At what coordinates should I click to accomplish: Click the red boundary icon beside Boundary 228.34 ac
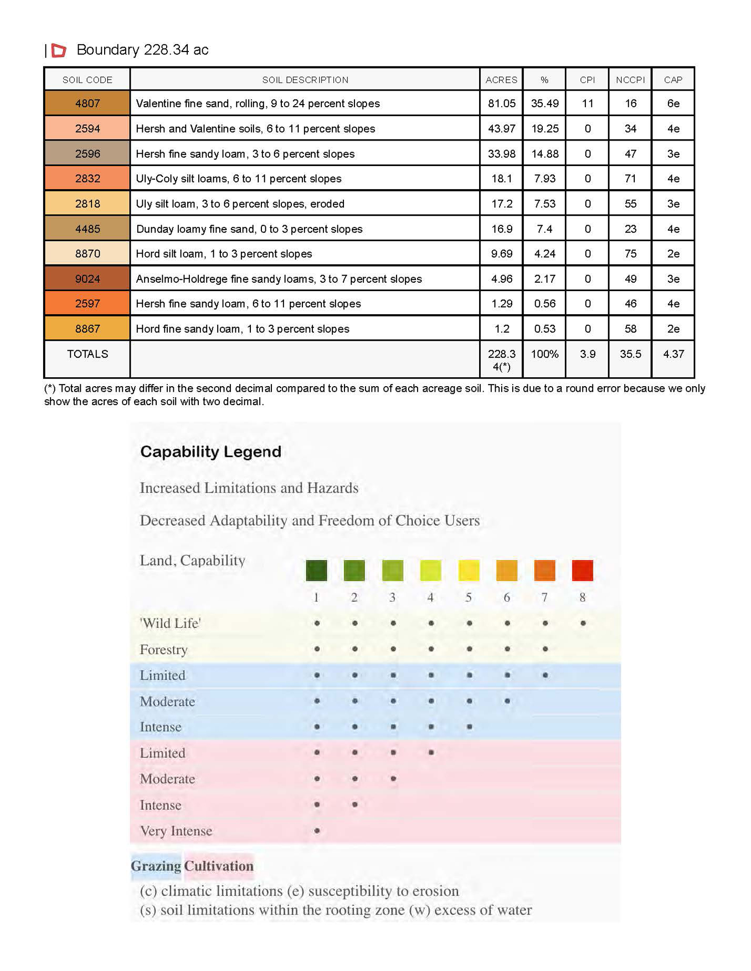pos(59,50)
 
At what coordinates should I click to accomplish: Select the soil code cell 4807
pos(87,104)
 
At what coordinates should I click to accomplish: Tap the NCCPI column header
pos(630,80)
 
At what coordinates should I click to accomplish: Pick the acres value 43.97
pos(501,129)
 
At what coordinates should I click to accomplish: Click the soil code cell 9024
pos(87,279)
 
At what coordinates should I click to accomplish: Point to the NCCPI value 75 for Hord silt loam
pos(630,254)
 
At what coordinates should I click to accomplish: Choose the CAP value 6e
pos(673,104)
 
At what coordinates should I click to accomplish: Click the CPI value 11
pos(587,104)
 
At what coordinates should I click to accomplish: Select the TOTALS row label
pos(87,354)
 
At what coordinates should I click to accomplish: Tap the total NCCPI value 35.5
pos(630,354)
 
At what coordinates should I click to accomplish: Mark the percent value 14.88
pos(544,154)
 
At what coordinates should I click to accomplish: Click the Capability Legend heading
pos(210,452)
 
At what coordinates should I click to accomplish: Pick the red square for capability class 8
pos(582,570)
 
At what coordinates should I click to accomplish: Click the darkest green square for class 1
pos(316,570)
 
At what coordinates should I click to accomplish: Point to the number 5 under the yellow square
pos(469,597)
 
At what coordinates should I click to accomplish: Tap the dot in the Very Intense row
pos(317,831)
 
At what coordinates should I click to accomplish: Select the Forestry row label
pos(163,649)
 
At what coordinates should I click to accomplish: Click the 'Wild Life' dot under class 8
pos(583,623)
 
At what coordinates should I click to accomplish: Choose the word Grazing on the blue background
pos(156,866)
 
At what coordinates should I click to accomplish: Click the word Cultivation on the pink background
pos(219,866)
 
